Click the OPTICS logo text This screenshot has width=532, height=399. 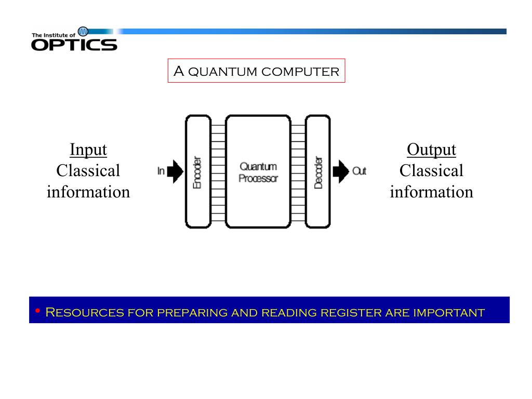pyautogui.click(x=74, y=45)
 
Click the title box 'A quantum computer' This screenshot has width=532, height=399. pyautogui.click(x=256, y=71)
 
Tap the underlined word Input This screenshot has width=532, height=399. pyautogui.click(x=88, y=150)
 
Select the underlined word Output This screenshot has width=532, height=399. pyautogui.click(x=431, y=150)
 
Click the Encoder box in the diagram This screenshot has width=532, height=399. pyautogui.click(x=197, y=172)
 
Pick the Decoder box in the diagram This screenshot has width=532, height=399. pyautogui.click(x=317, y=172)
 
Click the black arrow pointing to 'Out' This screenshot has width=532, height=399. pyautogui.click(x=341, y=171)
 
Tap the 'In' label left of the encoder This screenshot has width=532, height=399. pyautogui.click(x=161, y=171)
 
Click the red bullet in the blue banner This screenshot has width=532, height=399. pyautogui.click(x=37, y=311)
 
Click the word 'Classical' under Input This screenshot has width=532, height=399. pyautogui.click(x=88, y=171)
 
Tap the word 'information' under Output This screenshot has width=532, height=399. pyautogui.click(x=431, y=192)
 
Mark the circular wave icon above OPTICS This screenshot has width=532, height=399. pyautogui.click(x=83, y=32)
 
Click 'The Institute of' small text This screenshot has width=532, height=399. pyautogui.click(x=54, y=35)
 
